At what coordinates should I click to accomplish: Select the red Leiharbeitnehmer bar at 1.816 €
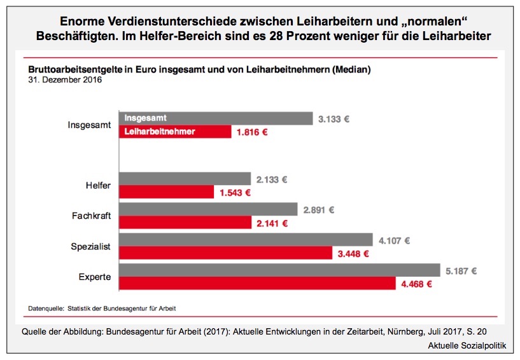tap(175, 132)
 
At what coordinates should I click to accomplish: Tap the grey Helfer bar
tap(185, 179)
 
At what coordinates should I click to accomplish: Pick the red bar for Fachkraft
tap(185, 223)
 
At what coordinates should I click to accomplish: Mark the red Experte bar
tap(257, 283)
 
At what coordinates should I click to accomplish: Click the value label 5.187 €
tap(461, 271)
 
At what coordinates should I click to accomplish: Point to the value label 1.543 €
tap(235, 192)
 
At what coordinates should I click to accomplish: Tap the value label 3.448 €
tap(353, 253)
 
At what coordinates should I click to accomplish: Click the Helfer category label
tap(98, 186)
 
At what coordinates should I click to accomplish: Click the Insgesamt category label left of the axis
tap(90, 125)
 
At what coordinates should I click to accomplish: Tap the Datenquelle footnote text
tap(102, 308)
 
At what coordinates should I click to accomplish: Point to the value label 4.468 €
tap(416, 284)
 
